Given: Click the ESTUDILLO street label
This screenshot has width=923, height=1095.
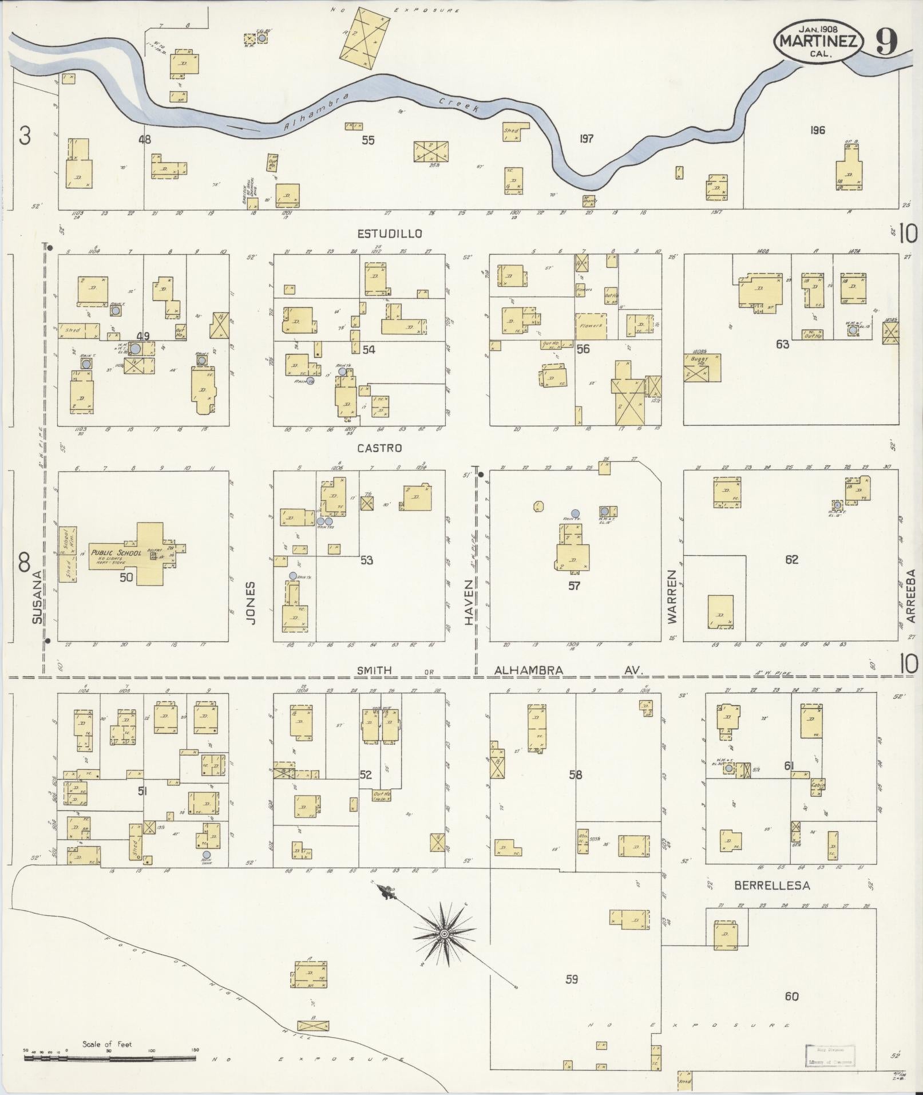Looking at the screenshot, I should [x=390, y=234].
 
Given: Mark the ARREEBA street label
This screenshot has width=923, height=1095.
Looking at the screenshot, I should [x=910, y=595].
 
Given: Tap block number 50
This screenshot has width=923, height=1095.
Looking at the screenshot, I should [x=126, y=577].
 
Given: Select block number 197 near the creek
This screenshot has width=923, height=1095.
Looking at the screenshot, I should [x=585, y=138].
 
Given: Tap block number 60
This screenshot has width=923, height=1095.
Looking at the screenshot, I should [x=791, y=997].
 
